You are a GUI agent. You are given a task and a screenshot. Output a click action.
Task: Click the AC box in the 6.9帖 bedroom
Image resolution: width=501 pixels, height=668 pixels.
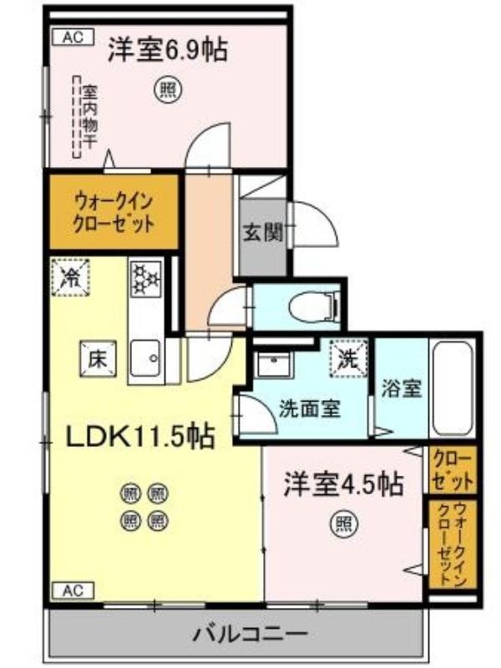(x=73, y=38)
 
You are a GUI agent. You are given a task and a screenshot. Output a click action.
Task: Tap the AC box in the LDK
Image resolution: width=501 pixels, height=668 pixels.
(x=73, y=590)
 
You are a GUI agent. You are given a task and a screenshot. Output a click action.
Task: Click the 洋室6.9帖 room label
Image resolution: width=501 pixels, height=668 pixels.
(x=168, y=50)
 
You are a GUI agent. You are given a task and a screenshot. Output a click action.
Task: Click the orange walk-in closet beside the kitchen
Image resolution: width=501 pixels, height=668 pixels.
(x=114, y=212)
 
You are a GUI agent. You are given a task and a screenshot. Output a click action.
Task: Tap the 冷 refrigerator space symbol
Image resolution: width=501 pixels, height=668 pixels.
(x=71, y=277)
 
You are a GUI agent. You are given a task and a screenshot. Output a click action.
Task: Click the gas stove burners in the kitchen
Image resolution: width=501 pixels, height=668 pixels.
(x=146, y=279)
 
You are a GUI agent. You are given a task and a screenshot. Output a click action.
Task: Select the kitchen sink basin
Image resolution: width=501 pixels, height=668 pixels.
(x=145, y=359)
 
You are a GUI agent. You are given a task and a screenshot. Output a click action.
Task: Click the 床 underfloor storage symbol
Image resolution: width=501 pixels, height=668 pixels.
(x=98, y=359)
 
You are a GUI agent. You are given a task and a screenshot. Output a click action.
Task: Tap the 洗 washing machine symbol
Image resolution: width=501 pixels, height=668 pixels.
(x=348, y=359)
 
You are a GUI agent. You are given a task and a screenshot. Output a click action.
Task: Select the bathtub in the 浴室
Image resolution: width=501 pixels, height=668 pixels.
(x=452, y=388)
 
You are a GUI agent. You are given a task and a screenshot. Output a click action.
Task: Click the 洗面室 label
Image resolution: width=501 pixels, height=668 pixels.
(x=310, y=409)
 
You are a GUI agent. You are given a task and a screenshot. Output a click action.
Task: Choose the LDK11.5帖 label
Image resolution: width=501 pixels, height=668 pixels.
(x=139, y=435)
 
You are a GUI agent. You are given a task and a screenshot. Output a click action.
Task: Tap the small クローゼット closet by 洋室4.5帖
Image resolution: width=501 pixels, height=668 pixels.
(x=452, y=470)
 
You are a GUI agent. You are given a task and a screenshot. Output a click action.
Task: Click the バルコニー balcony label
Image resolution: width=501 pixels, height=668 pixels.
(x=250, y=635)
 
